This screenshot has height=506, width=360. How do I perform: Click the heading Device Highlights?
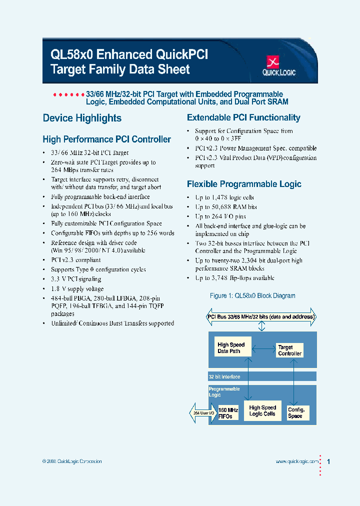pyautogui.click(x=82, y=118)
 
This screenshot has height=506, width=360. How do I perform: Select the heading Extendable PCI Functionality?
pyautogui.click(x=243, y=118)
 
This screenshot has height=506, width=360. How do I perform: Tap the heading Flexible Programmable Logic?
pyautogui.click(x=244, y=184)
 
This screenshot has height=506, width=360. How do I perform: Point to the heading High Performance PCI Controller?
pyautogui.click(x=106, y=139)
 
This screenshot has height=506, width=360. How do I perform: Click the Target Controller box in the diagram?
pyautogui.click(x=289, y=350)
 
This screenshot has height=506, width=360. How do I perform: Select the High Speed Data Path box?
pyautogui.click(x=231, y=348)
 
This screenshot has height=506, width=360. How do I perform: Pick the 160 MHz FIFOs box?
pyautogui.click(x=228, y=413)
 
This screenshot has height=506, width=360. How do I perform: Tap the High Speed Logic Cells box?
pyautogui.click(x=262, y=411)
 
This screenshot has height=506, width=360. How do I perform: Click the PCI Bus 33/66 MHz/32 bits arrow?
pyautogui.click(x=261, y=316)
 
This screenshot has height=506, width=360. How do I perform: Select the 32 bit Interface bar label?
pyautogui.click(x=224, y=377)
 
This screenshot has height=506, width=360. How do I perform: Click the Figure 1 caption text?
pyautogui.click(x=252, y=296)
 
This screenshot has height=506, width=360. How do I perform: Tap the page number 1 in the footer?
pyautogui.click(x=328, y=462)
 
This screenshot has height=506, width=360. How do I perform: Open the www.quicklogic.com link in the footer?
pyautogui.click(x=297, y=462)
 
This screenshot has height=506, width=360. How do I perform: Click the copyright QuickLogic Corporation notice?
pyautogui.click(x=72, y=461)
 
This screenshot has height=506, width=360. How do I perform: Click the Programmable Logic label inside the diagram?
pyautogui.click(x=224, y=392)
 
